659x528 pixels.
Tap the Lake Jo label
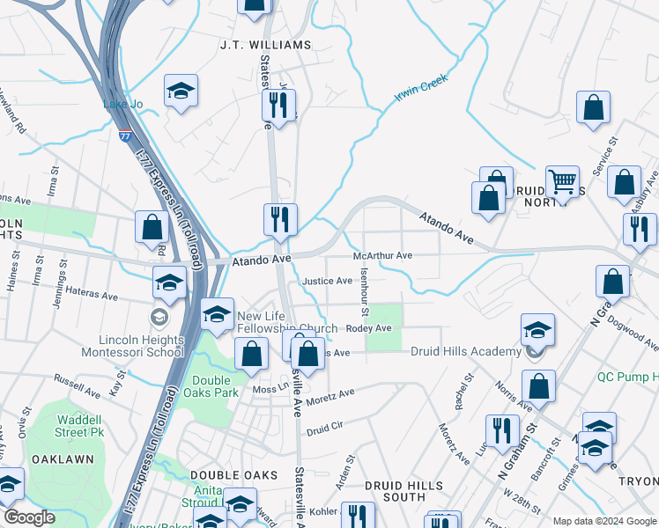click(x=122, y=105)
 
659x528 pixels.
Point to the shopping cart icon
click(x=561, y=181)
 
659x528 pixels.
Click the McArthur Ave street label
click(x=382, y=255)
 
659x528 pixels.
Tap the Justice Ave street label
click(x=327, y=281)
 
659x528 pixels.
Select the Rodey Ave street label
click(x=368, y=328)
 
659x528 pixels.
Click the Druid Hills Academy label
click(x=466, y=352)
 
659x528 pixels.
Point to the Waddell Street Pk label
click(x=85, y=425)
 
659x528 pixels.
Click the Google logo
click(x=29, y=517)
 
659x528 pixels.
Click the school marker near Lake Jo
click(x=181, y=92)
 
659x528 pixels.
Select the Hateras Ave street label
click(x=87, y=297)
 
